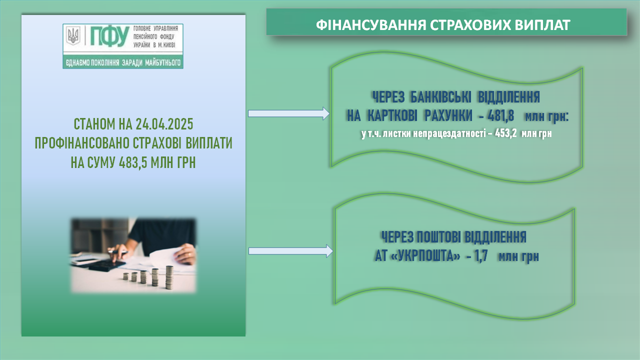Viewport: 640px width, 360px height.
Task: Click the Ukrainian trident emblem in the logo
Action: [x=73, y=35]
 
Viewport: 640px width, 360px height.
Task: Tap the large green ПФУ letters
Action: [x=109, y=36]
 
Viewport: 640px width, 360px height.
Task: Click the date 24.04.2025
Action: [x=164, y=124]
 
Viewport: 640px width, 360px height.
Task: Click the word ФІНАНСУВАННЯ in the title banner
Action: [x=371, y=25]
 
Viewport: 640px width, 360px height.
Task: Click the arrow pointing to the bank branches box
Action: [x=289, y=113]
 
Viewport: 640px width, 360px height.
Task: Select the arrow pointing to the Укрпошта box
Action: [x=291, y=251]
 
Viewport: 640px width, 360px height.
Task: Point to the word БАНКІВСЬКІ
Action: [x=441, y=97]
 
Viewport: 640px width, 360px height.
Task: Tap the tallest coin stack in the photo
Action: [x=169, y=277]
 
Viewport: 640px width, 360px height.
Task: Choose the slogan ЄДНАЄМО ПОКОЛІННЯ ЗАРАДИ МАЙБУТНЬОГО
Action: [x=123, y=62]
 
